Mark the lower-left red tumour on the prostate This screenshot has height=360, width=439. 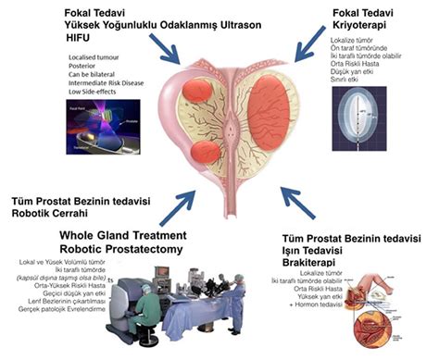[x=202, y=152]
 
